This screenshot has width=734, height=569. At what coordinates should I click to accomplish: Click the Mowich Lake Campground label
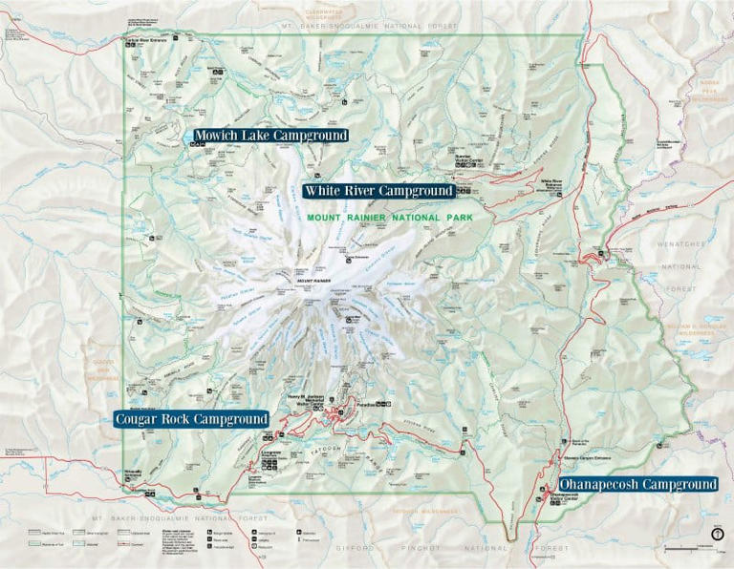pos(270,136)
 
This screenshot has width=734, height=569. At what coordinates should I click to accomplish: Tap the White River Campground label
pos(378,191)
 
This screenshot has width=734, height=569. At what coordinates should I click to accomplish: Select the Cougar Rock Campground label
pos(191,419)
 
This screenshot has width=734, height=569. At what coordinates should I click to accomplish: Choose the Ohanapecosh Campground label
pos(638,484)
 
